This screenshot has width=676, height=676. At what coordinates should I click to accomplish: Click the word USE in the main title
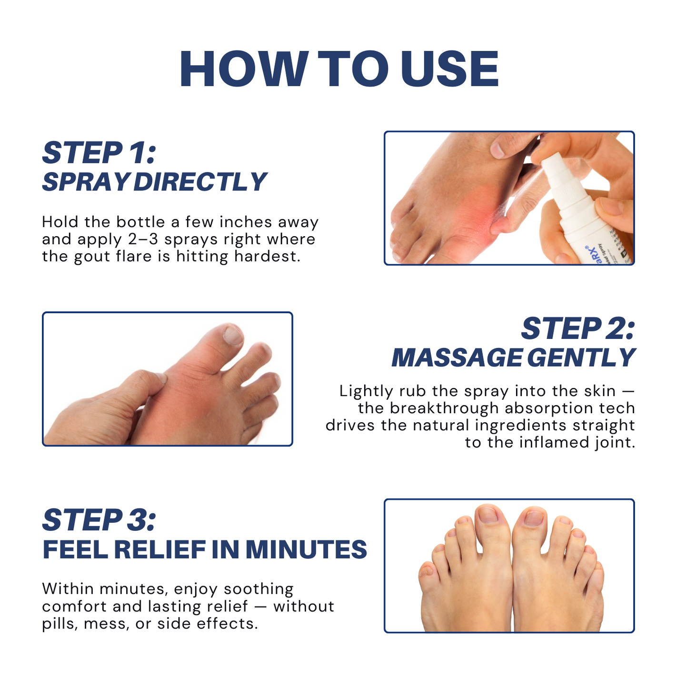tap(450, 69)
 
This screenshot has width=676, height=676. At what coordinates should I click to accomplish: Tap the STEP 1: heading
tap(99, 153)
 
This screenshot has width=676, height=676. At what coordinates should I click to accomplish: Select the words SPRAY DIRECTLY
tap(154, 182)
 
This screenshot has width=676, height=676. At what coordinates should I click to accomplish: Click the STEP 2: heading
tap(577, 328)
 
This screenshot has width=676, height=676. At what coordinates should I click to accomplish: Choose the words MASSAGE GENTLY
tap(513, 358)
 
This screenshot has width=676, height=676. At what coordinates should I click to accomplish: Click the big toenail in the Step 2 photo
tap(233, 335)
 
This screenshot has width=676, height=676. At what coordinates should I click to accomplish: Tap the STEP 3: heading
tap(99, 519)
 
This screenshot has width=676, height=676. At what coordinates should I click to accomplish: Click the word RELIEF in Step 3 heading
tap(159, 549)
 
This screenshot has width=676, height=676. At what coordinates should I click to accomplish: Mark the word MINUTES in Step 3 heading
tap(306, 549)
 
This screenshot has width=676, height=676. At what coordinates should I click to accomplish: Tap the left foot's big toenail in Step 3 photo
tap(487, 516)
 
